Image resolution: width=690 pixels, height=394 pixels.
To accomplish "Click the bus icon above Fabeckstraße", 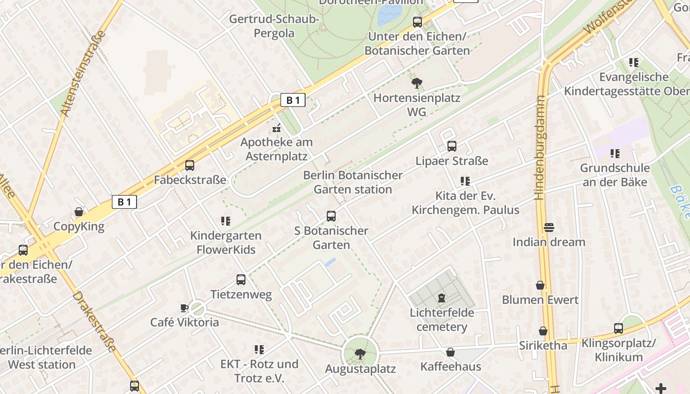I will (190, 165).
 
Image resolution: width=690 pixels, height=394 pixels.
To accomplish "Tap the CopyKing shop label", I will (79, 227).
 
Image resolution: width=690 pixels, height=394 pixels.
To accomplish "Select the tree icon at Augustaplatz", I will (360, 354).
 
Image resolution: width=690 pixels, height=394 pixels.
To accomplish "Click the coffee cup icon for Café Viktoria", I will (184, 308).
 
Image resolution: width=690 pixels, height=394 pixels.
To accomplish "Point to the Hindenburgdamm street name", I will (541, 148).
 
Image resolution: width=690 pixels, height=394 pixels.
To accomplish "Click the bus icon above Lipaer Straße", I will (452, 146).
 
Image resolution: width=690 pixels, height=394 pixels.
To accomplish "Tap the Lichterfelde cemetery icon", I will (442, 298).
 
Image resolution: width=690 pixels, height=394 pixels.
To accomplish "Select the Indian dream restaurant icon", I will (549, 228).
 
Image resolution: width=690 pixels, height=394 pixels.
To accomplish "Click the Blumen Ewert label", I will (540, 300).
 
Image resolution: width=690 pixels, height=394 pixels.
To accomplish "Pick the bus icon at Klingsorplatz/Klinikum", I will (619, 328).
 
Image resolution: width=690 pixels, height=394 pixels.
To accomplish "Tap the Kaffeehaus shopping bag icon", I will (450, 352).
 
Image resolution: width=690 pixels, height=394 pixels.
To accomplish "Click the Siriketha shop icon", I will (543, 331).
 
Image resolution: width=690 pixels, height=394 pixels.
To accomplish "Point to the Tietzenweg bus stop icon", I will (241, 280).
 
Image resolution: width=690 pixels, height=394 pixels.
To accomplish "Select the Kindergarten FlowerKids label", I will (226, 242).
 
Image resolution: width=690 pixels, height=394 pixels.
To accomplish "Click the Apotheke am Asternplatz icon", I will (276, 129).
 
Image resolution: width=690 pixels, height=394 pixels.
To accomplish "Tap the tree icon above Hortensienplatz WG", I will (417, 83).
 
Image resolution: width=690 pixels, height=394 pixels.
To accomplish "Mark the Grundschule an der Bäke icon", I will (615, 154).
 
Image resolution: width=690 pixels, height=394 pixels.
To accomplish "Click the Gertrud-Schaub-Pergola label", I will (274, 27).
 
